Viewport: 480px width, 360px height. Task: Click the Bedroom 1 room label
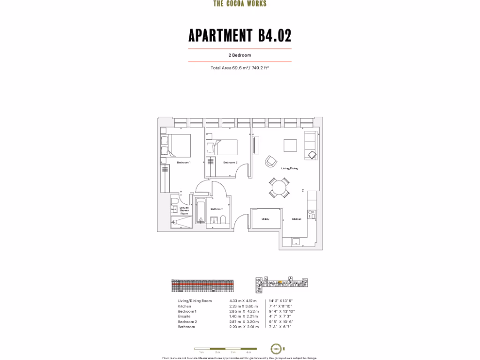point(183,163)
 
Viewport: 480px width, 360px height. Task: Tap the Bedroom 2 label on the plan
point(230,163)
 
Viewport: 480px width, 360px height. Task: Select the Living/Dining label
point(289,168)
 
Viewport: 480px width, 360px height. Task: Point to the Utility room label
point(265,219)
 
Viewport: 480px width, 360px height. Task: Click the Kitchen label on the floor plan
point(296,219)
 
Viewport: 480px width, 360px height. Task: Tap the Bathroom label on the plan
point(217,209)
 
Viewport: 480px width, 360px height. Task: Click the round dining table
point(279,187)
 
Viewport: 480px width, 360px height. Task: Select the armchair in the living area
point(271,161)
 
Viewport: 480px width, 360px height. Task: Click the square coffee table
point(290,145)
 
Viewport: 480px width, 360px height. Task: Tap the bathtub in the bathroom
point(200,212)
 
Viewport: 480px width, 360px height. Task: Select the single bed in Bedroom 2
point(224,147)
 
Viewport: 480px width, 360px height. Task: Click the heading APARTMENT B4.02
point(240,36)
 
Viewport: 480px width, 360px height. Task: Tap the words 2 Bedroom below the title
point(240,55)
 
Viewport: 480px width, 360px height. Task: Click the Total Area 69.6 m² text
point(240,68)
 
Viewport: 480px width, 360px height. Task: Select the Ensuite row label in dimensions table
point(184,316)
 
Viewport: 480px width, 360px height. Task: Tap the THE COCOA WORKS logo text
point(240,4)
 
